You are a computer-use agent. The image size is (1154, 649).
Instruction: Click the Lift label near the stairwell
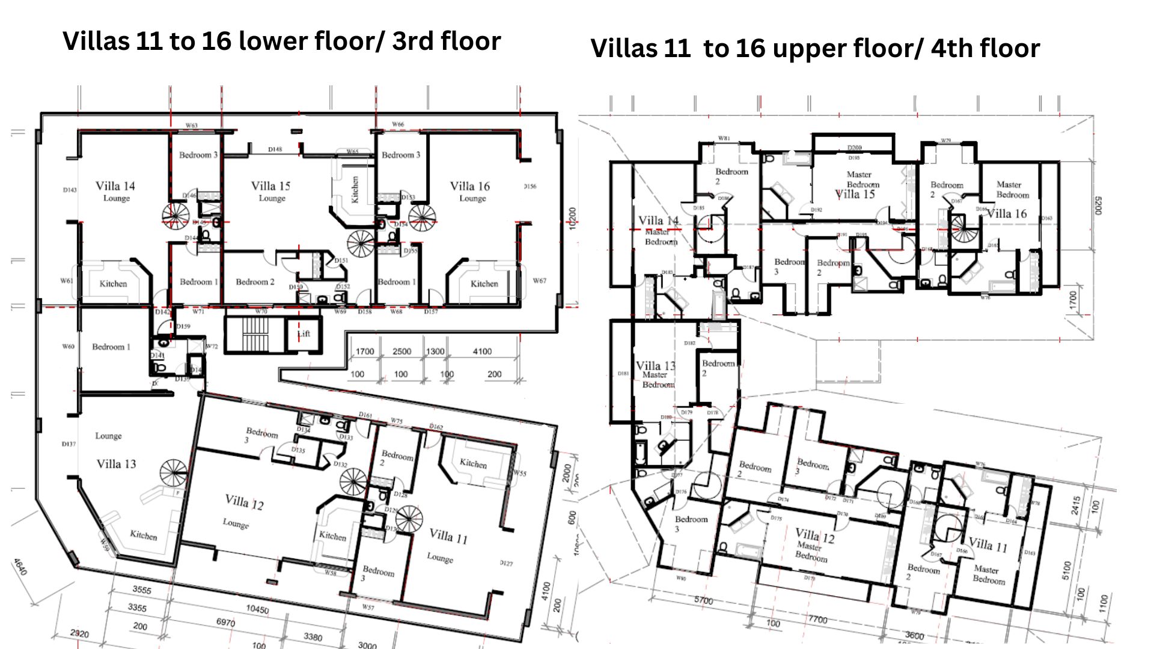304,334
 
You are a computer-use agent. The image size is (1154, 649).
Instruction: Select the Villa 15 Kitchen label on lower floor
355,189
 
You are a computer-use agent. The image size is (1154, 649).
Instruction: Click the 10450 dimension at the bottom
257,609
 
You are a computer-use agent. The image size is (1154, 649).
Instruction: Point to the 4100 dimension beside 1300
482,352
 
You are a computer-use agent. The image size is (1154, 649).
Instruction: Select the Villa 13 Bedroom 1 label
111,347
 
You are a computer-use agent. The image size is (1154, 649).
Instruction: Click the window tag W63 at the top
191,126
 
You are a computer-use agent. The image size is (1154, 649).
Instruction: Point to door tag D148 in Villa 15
275,149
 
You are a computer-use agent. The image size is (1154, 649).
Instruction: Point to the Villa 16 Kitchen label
484,284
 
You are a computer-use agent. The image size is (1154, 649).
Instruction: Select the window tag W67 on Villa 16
539,281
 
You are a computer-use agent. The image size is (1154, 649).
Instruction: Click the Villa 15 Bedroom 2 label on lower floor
255,282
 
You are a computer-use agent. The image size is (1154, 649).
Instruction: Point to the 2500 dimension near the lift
401,352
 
